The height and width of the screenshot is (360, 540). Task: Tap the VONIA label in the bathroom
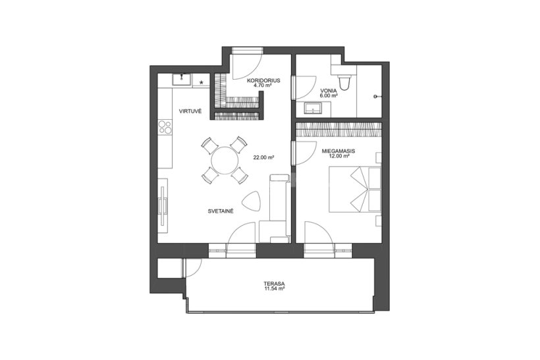point(328,91)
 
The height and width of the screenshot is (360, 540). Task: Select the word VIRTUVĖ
point(190,111)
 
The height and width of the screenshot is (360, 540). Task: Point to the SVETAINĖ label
point(221,211)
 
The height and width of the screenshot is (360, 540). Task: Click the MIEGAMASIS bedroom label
point(338,151)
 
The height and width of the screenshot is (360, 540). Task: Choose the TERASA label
point(274,284)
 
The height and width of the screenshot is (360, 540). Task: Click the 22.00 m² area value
point(263,158)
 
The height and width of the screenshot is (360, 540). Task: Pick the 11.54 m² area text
point(274,289)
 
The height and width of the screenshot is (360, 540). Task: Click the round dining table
point(225,161)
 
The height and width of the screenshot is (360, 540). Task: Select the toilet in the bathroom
point(344,82)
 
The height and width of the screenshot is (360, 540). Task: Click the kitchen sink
point(182,80)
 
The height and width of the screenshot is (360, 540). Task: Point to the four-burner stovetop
point(165,127)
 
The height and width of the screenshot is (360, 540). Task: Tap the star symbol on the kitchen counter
point(202,82)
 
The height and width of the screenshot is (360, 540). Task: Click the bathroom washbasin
point(313,109)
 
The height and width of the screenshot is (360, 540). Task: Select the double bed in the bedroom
point(356,190)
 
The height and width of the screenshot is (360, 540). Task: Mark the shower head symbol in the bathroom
point(377,97)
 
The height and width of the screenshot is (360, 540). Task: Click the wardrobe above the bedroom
point(339,130)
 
